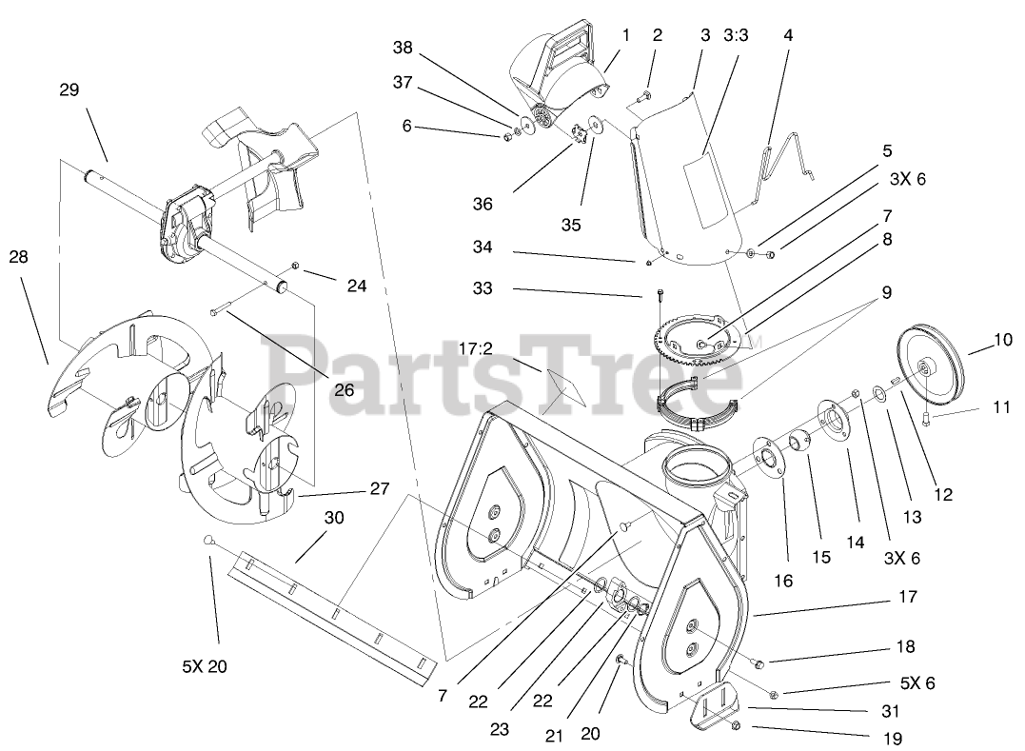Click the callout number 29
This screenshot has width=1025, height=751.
coord(69,89)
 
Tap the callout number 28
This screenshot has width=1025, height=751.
coord(19,256)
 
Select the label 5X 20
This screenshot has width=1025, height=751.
coord(206,666)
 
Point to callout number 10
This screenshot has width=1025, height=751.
coord(1003,339)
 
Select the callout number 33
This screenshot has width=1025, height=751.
coord(483,287)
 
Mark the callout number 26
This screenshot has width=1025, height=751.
coord(343,389)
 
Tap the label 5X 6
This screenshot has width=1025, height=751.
coord(918,682)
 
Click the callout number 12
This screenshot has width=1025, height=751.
coord(942,494)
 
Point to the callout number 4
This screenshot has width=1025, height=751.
coord(788,35)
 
